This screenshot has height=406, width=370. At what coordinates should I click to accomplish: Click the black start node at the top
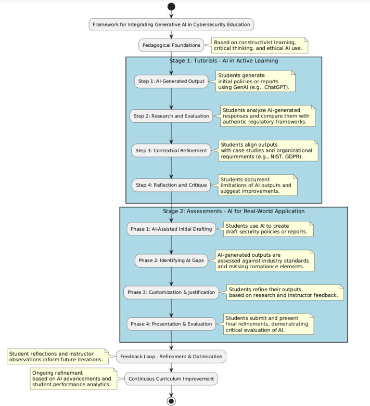pos(171,6)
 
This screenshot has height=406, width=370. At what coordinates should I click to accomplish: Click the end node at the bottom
pos(171,401)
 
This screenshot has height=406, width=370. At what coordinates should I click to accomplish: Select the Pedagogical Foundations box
pos(171,45)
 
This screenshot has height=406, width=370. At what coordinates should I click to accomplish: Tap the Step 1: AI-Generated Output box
pos(171,81)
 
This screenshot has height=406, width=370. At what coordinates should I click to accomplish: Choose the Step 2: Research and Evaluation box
pos(171,116)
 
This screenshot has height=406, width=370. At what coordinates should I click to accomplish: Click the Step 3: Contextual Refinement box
pos(171,150)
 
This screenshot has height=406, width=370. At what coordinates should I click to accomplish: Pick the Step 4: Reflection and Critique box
pos(171,185)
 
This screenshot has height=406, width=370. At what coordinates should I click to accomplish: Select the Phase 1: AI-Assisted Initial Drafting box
pos(171,229)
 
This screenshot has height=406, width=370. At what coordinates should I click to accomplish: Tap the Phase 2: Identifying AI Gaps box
pos(171,260)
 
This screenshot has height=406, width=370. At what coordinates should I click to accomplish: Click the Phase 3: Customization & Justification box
pos(171,292)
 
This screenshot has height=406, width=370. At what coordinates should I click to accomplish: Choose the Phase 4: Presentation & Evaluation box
pos(171,324)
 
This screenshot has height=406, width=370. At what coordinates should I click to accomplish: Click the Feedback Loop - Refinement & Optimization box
pos(171,357)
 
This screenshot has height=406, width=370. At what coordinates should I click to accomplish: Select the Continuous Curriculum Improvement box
pos(171,379)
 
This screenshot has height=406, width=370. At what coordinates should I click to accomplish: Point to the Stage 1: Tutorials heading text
pos(223,61)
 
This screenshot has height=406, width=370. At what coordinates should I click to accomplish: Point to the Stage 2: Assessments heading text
pos(234,211)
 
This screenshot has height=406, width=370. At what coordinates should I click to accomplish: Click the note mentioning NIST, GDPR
pos(268,151)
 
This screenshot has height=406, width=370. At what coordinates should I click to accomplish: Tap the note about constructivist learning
pos(260,45)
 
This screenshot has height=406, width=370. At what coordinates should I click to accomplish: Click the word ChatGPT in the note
pos(276,87)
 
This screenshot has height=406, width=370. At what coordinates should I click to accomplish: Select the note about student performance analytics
pos(73,378)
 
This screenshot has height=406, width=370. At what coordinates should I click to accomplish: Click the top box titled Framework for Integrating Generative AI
pos(171,24)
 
